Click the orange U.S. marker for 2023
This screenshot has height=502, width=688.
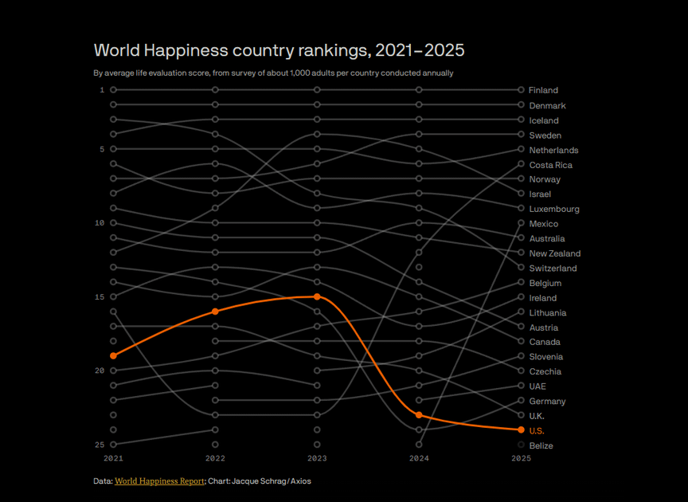tap(317, 296)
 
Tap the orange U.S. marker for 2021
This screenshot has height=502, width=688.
tap(113, 355)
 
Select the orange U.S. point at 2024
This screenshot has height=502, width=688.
tap(419, 415)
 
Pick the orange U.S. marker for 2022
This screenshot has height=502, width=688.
tap(215, 312)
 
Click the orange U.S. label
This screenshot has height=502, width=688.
tap(537, 430)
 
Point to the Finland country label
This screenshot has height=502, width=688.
tap(543, 90)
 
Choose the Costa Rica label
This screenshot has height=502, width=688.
tap(550, 165)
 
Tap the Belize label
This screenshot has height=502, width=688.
tap(541, 445)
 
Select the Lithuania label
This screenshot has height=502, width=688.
tap(548, 313)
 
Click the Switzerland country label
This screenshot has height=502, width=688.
tap(553, 269)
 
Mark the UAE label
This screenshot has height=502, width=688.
tap(537, 386)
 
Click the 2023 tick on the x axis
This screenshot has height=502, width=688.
tap(317, 458)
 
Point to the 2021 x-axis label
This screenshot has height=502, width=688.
tap(113, 458)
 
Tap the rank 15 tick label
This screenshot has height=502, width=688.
tap(100, 297)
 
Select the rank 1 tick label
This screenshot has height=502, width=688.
tap(102, 90)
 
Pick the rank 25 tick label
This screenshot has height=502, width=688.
tap(100, 445)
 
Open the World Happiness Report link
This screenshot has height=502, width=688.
tap(159, 481)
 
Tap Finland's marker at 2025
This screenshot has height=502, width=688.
tap(521, 90)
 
